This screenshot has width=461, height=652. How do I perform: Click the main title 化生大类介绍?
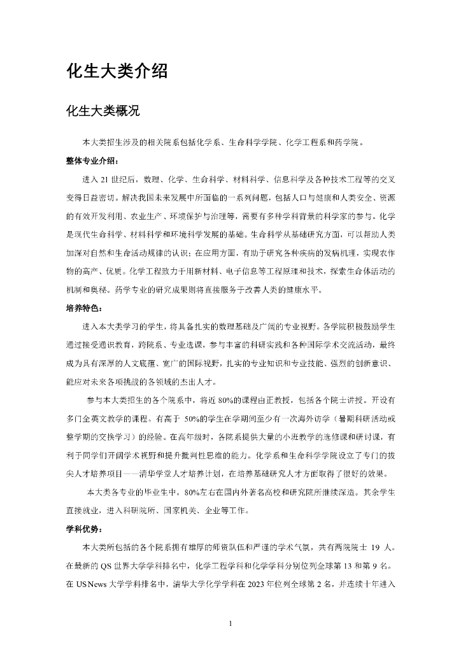[x=117, y=71]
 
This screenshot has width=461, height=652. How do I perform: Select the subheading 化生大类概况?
[x=103, y=111]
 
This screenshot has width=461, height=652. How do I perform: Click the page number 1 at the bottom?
[x=230, y=623]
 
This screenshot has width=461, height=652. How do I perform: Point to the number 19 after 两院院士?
[x=376, y=547]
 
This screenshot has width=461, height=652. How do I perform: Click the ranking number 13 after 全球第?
[x=343, y=565]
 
